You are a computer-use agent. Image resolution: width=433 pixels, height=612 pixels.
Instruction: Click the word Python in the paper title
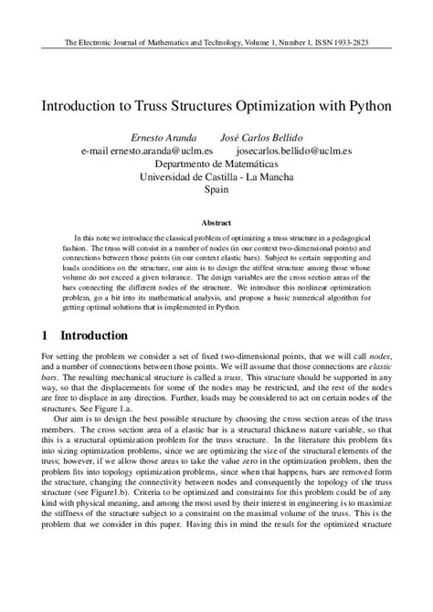coord(367,106)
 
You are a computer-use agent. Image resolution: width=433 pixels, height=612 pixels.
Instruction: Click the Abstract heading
coord(216,222)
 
